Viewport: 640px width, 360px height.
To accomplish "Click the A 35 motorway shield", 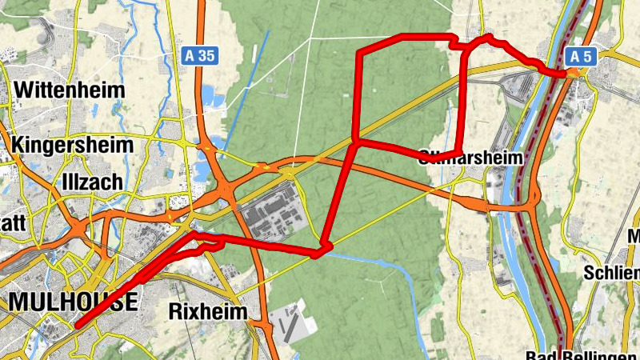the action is [x=200, y=55].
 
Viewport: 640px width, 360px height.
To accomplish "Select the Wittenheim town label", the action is [x=70, y=90].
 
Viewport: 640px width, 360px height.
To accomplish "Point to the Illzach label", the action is [x=92, y=182].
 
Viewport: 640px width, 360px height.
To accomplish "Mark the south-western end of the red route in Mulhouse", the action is [x=77, y=326].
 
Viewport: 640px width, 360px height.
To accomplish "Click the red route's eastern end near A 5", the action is [x=567, y=74].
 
